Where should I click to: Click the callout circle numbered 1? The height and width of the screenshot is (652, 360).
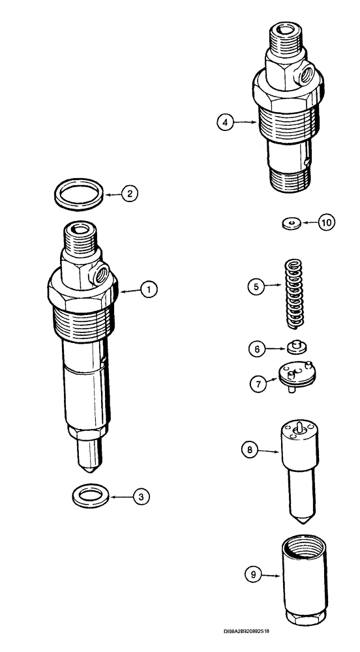(x=149, y=289)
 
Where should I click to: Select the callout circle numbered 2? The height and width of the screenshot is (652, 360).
(x=130, y=193)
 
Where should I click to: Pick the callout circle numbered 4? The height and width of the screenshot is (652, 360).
(x=226, y=121)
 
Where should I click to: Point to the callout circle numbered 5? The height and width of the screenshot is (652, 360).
(x=255, y=286)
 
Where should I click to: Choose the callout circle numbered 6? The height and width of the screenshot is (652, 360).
(x=256, y=349)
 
